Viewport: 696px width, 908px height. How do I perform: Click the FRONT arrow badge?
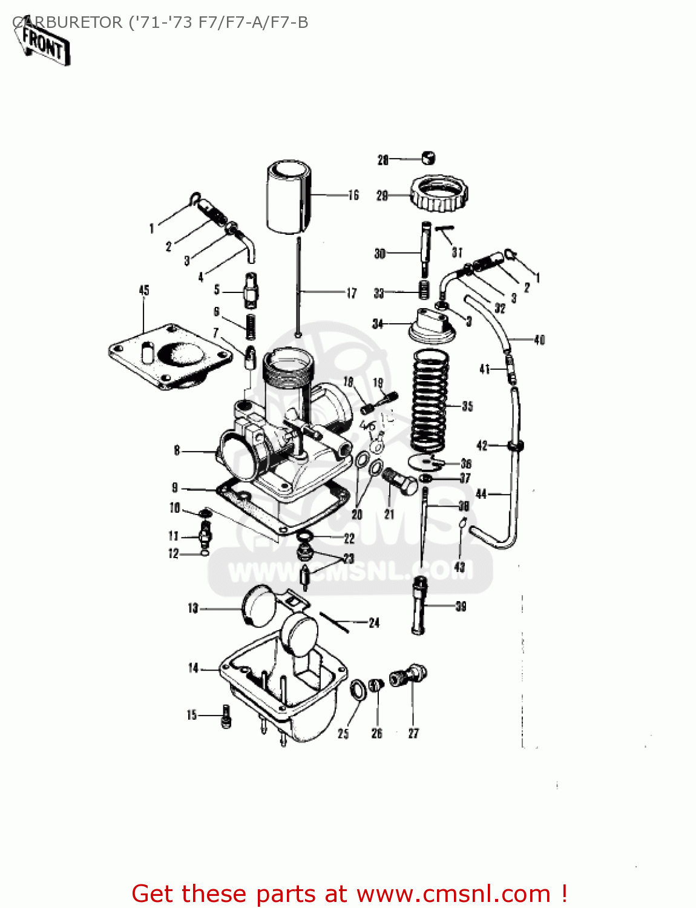click(44, 44)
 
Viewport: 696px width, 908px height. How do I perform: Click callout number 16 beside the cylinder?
click(353, 195)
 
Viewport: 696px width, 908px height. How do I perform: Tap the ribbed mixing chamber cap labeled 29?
click(439, 192)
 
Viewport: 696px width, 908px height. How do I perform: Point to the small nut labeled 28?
click(428, 158)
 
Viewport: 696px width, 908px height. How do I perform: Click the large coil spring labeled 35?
click(430, 400)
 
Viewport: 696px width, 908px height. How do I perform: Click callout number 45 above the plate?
click(144, 291)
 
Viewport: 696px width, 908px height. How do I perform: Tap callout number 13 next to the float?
click(193, 608)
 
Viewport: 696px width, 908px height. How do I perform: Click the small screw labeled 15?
click(226, 716)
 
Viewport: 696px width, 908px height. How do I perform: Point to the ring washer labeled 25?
click(358, 690)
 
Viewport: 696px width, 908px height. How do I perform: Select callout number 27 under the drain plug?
click(413, 733)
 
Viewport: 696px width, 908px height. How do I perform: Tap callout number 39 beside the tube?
click(461, 606)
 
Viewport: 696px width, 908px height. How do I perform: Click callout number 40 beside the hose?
click(539, 340)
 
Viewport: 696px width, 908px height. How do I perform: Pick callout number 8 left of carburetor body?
click(177, 450)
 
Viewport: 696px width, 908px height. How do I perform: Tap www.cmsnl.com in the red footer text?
click(453, 894)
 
